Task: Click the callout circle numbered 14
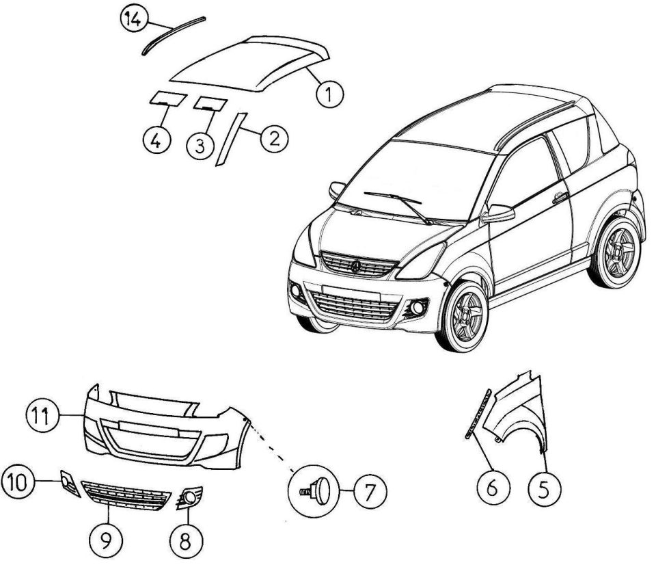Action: click(x=134, y=20)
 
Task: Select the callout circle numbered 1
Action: click(x=329, y=94)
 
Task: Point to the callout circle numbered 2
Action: click(x=274, y=139)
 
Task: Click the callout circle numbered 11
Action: click(x=42, y=417)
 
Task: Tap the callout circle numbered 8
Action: click(x=186, y=540)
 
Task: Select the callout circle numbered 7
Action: click(x=370, y=491)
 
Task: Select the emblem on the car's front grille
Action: click(x=355, y=265)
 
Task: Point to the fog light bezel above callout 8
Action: click(x=189, y=497)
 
